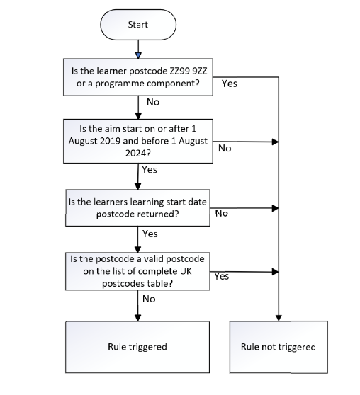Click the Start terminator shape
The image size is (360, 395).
(138, 25)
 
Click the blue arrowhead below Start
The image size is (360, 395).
(138, 55)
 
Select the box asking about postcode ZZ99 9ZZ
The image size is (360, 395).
(138, 77)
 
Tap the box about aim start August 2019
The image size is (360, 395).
(138, 141)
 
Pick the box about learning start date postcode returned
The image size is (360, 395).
(137, 208)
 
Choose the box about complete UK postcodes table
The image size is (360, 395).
(137, 271)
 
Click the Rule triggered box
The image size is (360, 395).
(137, 347)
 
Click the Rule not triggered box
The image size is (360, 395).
(279, 347)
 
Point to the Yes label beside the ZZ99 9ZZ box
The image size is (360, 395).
(230, 84)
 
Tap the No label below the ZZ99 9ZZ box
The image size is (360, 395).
(153, 102)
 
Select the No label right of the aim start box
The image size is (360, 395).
(225, 149)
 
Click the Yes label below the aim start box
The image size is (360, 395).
(150, 169)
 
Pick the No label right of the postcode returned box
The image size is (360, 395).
(222, 213)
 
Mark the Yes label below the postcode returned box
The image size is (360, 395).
(150, 234)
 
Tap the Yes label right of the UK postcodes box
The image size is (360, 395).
(222, 276)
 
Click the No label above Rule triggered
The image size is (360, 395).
(149, 299)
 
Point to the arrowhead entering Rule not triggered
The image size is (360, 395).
(279, 318)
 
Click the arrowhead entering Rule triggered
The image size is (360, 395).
(137, 318)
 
